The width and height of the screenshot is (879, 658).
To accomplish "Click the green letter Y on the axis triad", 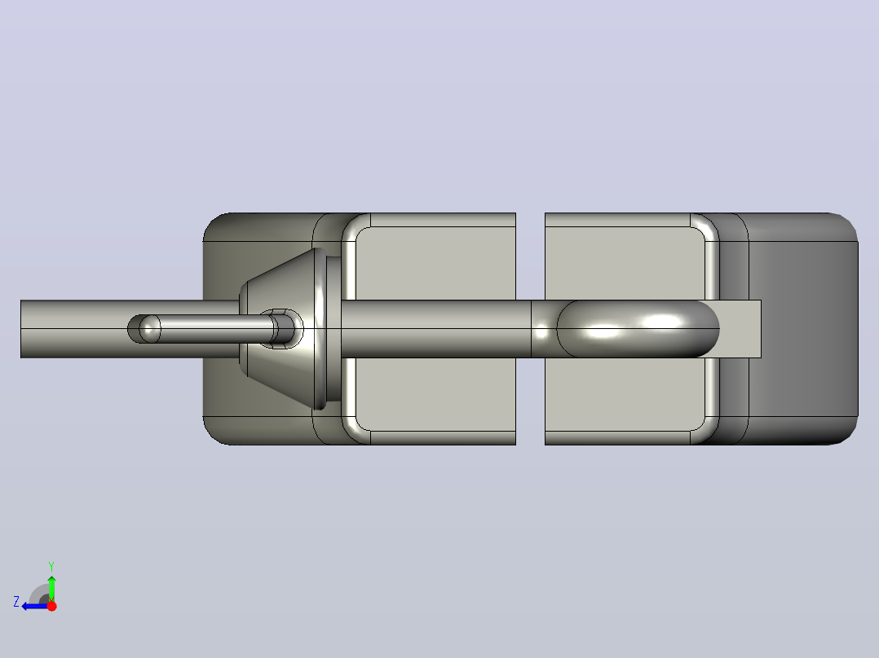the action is click(x=51, y=566).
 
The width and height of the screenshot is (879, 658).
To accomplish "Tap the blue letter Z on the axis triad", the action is click(x=16, y=602).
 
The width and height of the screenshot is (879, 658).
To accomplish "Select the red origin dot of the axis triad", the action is click(x=51, y=606).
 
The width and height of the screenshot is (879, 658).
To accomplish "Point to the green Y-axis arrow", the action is click(x=51, y=588).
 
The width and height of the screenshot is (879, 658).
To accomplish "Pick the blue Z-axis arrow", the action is click(x=35, y=606).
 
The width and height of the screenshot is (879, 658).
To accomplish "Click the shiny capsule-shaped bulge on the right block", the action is click(x=638, y=329).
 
